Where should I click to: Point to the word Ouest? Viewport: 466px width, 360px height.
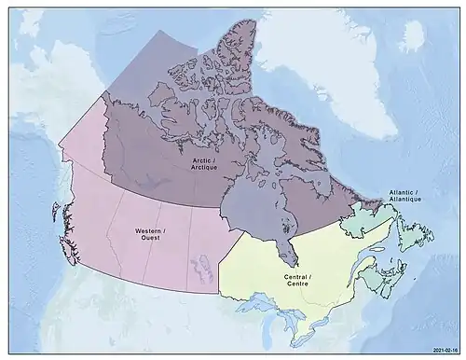[x=149, y=238]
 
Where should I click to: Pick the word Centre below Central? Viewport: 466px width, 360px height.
[x=296, y=285]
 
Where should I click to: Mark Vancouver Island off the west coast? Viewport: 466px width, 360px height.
[x=68, y=249]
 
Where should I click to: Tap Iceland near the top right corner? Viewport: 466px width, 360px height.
[x=413, y=35]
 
